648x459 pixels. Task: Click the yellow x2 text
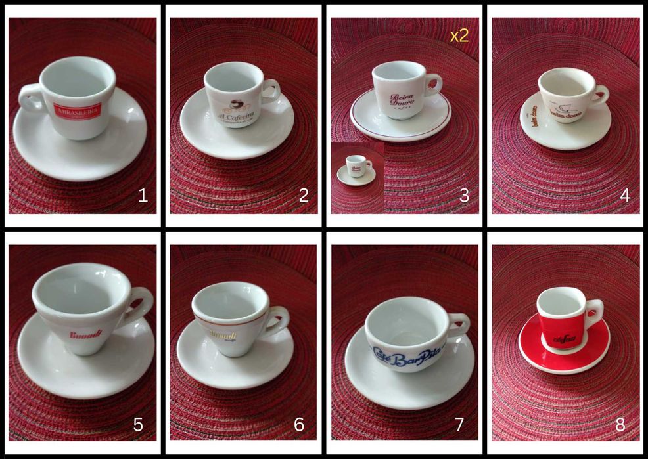[459, 35]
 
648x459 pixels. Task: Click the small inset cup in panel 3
[357, 166]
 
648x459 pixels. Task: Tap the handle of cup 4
[599, 96]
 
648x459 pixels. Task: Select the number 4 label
[625, 195]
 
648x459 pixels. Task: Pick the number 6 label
[299, 425]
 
